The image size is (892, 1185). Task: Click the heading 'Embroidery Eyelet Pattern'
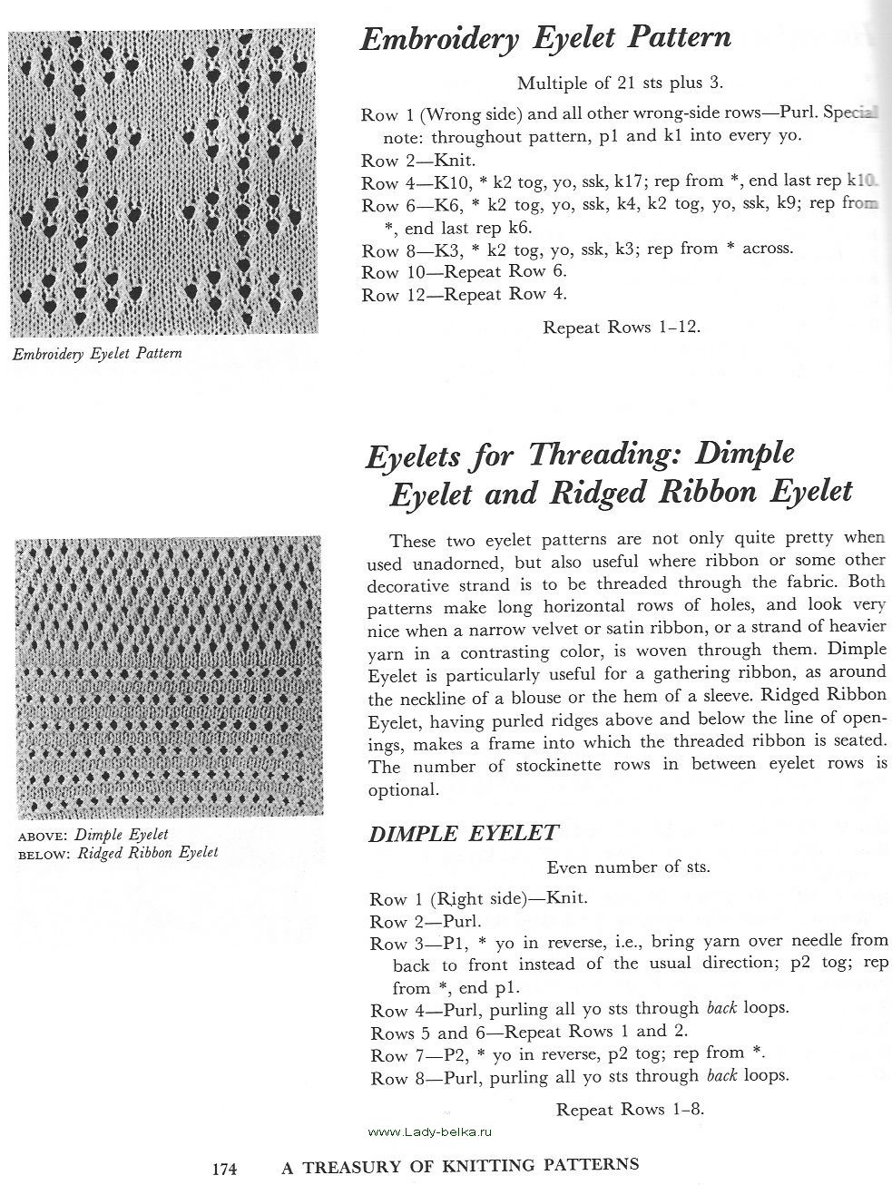(545, 39)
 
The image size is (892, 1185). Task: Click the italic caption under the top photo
(96, 354)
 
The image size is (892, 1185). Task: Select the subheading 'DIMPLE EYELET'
(463, 834)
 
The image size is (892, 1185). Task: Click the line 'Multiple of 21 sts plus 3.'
(620, 83)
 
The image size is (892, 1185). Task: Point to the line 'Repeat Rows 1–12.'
(622, 327)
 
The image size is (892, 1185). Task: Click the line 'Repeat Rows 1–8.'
(630, 1109)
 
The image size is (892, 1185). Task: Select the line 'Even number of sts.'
(628, 867)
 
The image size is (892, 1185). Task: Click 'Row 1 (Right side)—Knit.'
(478, 899)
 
